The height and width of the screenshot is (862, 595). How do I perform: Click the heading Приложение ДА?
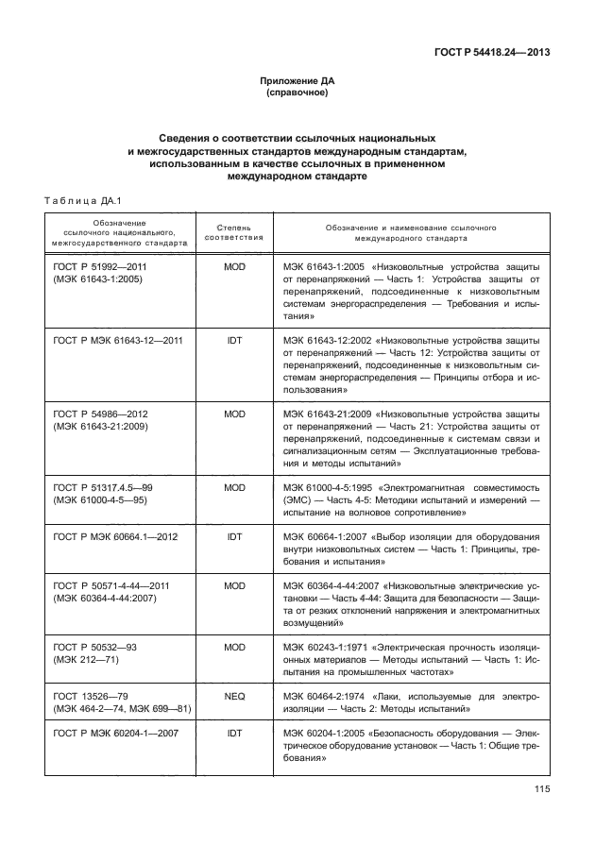(x=297, y=81)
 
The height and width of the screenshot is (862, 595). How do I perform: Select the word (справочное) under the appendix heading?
(x=297, y=94)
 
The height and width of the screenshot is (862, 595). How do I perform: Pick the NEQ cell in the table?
(x=234, y=694)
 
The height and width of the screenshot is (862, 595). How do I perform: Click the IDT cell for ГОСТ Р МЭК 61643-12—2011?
(x=234, y=340)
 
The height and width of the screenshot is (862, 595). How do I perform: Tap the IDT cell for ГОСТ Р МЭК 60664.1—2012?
(x=234, y=535)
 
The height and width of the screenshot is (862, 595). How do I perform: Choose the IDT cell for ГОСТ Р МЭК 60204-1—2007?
(x=234, y=732)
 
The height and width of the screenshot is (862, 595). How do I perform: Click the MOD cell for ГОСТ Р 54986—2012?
(x=234, y=414)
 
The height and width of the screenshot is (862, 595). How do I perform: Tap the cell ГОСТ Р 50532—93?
(x=96, y=646)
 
